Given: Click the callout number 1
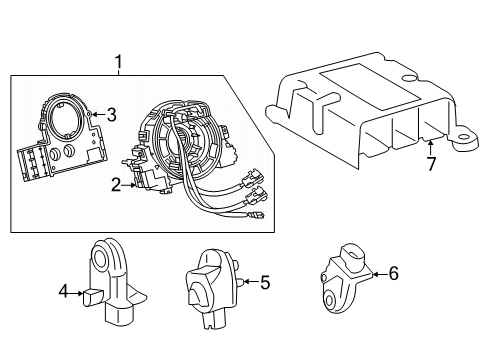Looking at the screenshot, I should point(120,63).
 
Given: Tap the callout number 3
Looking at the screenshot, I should point(112,115).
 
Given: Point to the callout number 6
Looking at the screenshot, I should point(393,272).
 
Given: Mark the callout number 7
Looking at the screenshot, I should point(432,164).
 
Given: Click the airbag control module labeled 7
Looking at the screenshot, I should point(360,110).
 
